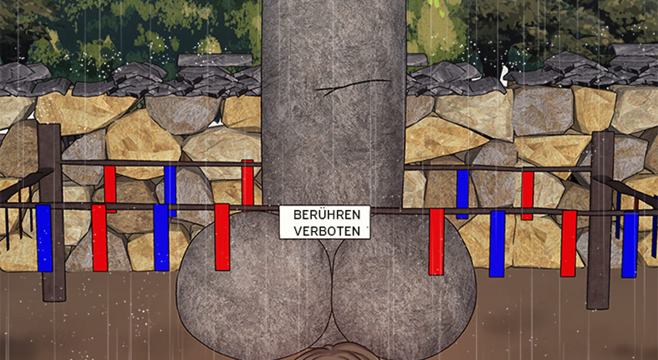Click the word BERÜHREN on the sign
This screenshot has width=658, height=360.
point(326,215)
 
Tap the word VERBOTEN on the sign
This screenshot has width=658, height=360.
point(327,231)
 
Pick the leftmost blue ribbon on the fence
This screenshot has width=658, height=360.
point(44,238)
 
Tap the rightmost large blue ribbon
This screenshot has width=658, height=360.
point(630,244)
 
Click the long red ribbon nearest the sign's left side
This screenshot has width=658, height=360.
point(222,237)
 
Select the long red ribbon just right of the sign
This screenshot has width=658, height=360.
point(436,242)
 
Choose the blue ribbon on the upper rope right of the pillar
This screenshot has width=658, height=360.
point(463,194)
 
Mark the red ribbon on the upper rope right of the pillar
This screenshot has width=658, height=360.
point(527,196)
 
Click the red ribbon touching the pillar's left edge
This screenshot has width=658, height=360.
point(248,183)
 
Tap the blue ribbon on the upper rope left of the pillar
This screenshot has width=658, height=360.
point(170,191)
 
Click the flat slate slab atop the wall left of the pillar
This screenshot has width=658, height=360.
point(215,60)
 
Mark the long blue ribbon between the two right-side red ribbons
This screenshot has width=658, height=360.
point(497,244)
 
